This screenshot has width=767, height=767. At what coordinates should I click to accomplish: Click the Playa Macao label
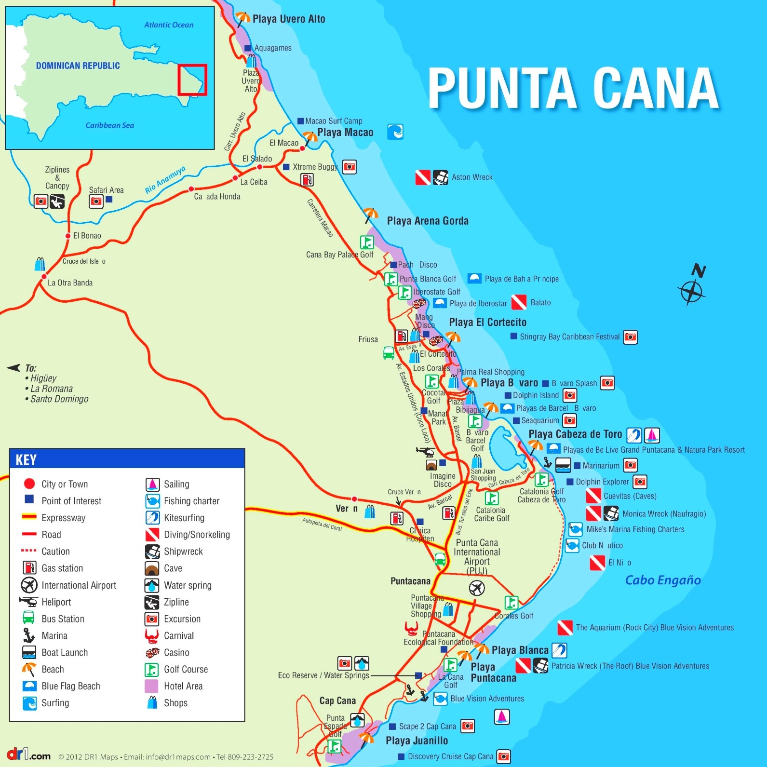[x=345, y=133]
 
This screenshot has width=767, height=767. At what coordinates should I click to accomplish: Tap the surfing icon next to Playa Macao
[x=395, y=132]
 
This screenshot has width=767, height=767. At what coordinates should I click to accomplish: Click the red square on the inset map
[x=192, y=80]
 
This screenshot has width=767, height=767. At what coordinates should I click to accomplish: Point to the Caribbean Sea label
[x=109, y=125]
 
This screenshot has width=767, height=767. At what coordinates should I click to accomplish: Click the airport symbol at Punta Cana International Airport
[x=476, y=588]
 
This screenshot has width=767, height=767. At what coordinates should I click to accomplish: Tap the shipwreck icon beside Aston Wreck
[x=440, y=177]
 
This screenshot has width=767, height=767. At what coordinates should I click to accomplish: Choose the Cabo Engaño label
[x=662, y=580]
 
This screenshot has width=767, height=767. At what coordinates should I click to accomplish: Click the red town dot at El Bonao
[x=68, y=236]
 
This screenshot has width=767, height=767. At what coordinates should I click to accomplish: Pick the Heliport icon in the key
[x=28, y=602]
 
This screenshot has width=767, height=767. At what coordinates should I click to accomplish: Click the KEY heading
[x=26, y=460]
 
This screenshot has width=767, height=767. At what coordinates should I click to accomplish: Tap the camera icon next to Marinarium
[x=630, y=465]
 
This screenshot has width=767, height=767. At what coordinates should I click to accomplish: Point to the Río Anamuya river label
[x=165, y=180]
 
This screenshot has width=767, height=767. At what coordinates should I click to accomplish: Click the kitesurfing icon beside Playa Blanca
[x=559, y=650]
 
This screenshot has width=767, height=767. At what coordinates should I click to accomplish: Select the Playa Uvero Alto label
[x=288, y=19]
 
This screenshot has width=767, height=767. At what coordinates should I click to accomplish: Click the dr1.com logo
[x=28, y=754]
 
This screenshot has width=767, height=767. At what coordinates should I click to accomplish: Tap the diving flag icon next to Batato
[x=519, y=302]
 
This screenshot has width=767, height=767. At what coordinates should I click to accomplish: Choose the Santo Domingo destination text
[x=59, y=399]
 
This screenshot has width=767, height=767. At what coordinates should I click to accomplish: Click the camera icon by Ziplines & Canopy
[x=41, y=201]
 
